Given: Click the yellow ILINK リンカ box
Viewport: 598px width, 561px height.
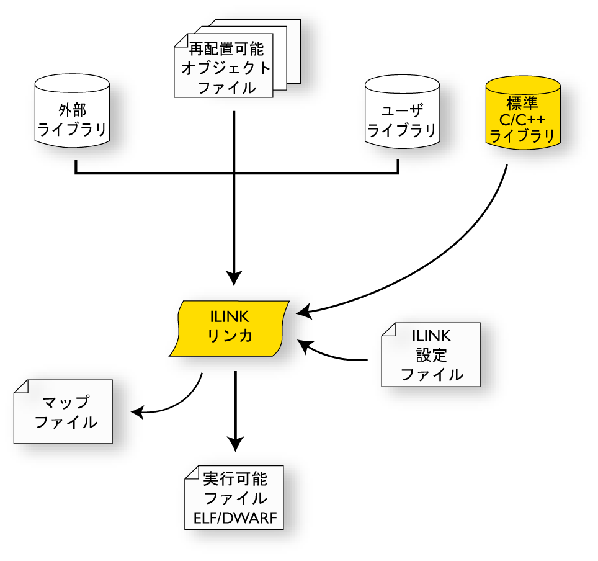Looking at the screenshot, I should [x=230, y=328].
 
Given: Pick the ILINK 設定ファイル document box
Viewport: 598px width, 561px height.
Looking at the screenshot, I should [x=431, y=355].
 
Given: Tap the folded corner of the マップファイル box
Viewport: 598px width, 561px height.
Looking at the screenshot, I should [x=21, y=387].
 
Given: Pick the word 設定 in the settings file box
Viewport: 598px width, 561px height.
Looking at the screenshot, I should [x=432, y=356].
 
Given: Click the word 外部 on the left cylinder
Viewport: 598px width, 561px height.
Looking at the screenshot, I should [x=72, y=110].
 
